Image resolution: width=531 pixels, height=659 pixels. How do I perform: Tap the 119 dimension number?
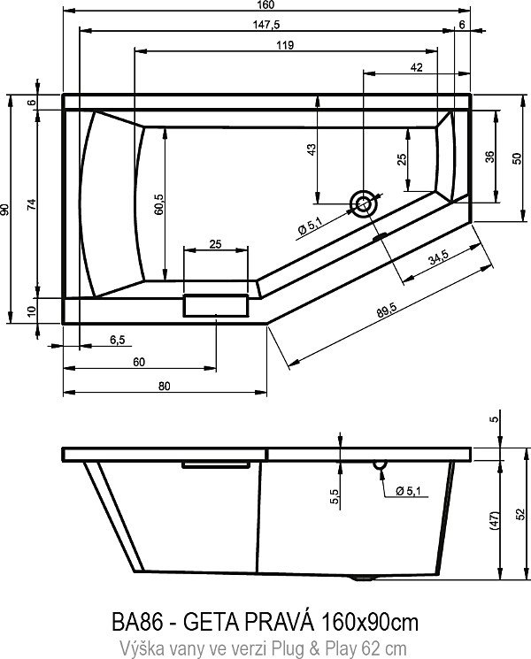(285, 45)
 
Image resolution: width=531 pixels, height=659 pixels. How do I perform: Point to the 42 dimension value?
(416, 67)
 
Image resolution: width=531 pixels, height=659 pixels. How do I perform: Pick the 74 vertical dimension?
(31, 204)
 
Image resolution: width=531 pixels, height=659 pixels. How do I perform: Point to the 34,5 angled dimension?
(436, 259)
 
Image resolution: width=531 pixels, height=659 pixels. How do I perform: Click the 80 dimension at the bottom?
(165, 385)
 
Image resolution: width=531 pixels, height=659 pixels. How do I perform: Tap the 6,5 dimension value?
(116, 340)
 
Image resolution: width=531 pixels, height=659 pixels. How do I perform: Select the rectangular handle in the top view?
(216, 304)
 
